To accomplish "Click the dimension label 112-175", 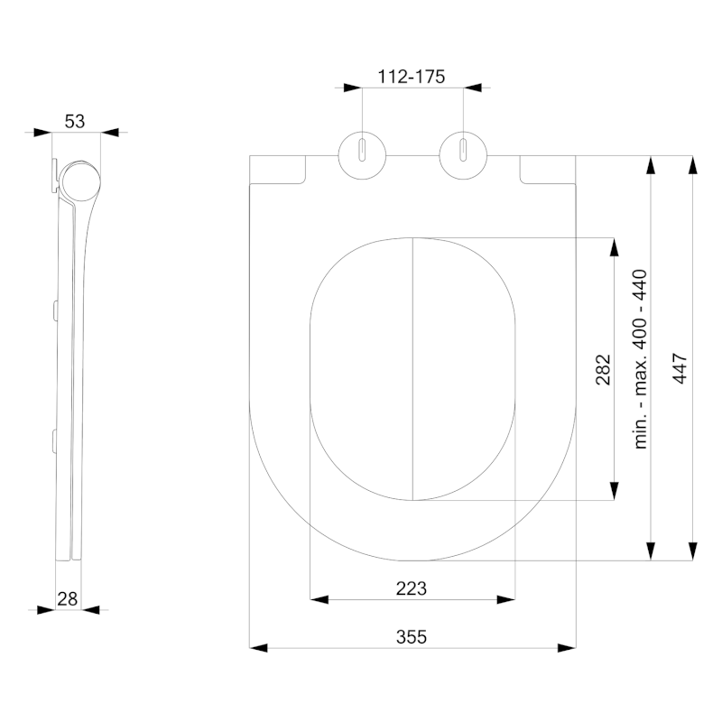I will pyautogui.click(x=412, y=77).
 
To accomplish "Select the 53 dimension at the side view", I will pyautogui.click(x=76, y=121).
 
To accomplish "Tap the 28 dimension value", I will pyautogui.click(x=68, y=597).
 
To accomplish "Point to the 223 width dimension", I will pyautogui.click(x=412, y=588).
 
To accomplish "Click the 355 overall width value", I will pyautogui.click(x=412, y=636).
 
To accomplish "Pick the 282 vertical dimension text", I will pyautogui.click(x=603, y=369).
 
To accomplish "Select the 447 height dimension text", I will pyautogui.click(x=680, y=369).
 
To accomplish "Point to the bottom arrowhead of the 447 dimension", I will pyautogui.click(x=692, y=551).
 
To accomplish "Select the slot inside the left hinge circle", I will pyautogui.click(x=361, y=150).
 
